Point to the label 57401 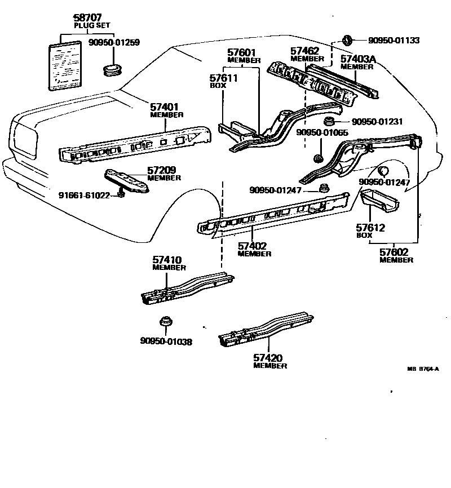coord(165,107)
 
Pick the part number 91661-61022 coord(85,195)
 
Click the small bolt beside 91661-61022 coord(121,194)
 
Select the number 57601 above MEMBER coord(244,53)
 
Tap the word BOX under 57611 coord(218,86)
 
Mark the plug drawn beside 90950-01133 coord(347,41)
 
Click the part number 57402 coord(254,246)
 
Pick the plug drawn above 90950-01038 coord(166,322)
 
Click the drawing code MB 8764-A coord(422,370)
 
